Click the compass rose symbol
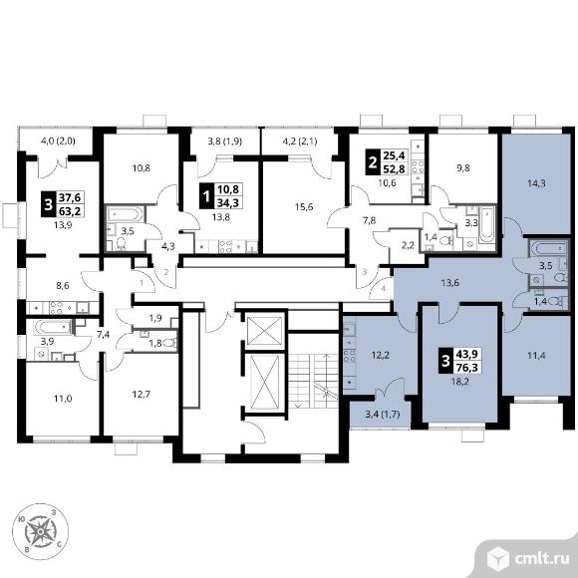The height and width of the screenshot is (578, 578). (41, 531)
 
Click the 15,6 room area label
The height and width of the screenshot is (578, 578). (304, 207)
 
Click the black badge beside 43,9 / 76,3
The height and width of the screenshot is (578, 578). (445, 361)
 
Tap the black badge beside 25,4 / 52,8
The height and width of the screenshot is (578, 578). (373, 161)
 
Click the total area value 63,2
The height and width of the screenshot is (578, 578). (70, 211)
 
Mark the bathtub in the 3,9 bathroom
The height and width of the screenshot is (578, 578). (52, 327)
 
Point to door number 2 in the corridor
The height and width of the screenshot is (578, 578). (166, 272)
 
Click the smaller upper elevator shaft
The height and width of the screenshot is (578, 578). (265, 330)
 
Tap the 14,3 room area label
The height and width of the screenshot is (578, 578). (536, 183)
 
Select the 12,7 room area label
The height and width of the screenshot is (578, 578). (142, 395)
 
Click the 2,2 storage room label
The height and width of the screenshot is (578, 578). (408, 245)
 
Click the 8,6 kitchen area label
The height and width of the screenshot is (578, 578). (63, 285)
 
